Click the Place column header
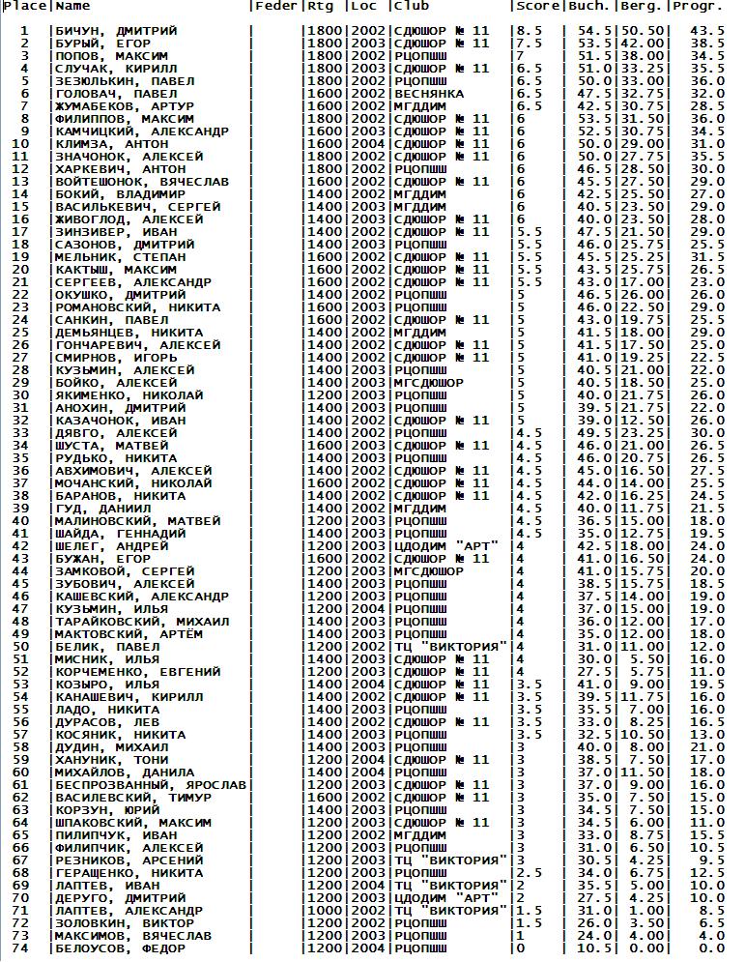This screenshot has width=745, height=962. pos(23,7)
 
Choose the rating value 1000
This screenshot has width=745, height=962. pos(323,912)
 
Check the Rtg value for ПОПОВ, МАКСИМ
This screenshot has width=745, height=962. pos(323,57)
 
